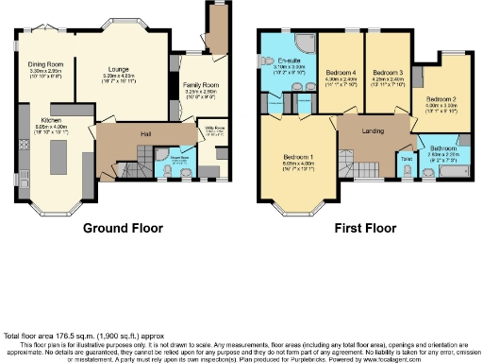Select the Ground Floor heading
[x=123, y=229]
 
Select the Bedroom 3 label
[x=387, y=72]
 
